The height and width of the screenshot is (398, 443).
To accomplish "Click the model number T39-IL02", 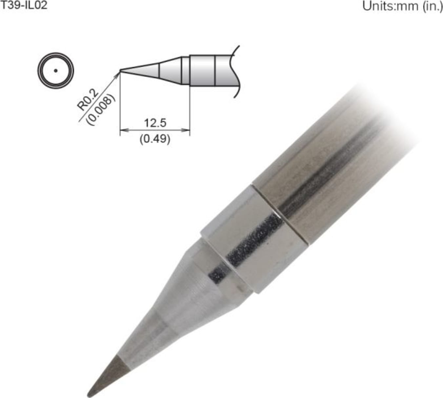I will [x=24, y=6].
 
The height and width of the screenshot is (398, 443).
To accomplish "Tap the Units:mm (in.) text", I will [x=402, y=6].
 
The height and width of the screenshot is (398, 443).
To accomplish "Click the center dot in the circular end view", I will [x=56, y=70].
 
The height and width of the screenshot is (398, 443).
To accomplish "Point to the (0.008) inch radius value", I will [x=100, y=110].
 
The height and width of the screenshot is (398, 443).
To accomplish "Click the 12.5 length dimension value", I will [x=155, y=123].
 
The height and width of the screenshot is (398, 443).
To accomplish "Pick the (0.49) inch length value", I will [x=155, y=139].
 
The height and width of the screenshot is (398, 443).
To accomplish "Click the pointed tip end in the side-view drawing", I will [x=121, y=70].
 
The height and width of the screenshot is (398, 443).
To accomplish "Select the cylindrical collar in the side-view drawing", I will [x=202, y=70].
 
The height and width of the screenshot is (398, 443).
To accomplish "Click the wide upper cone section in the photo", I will [x=197, y=285].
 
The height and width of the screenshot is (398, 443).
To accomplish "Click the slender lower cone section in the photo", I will [x=144, y=338].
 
